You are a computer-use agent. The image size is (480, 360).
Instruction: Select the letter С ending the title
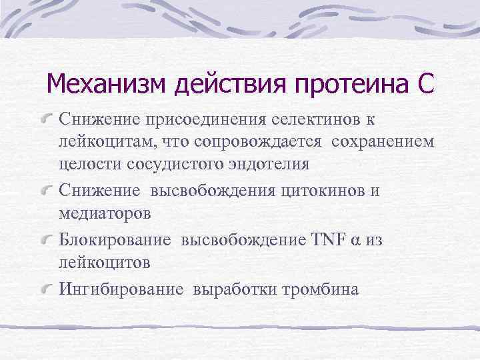coord(425,85)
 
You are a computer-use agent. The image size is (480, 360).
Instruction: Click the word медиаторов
coord(105,213)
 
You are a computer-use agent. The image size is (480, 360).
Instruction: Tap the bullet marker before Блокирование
coord(48,239)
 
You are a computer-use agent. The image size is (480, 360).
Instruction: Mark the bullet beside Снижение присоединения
coord(48,121)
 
